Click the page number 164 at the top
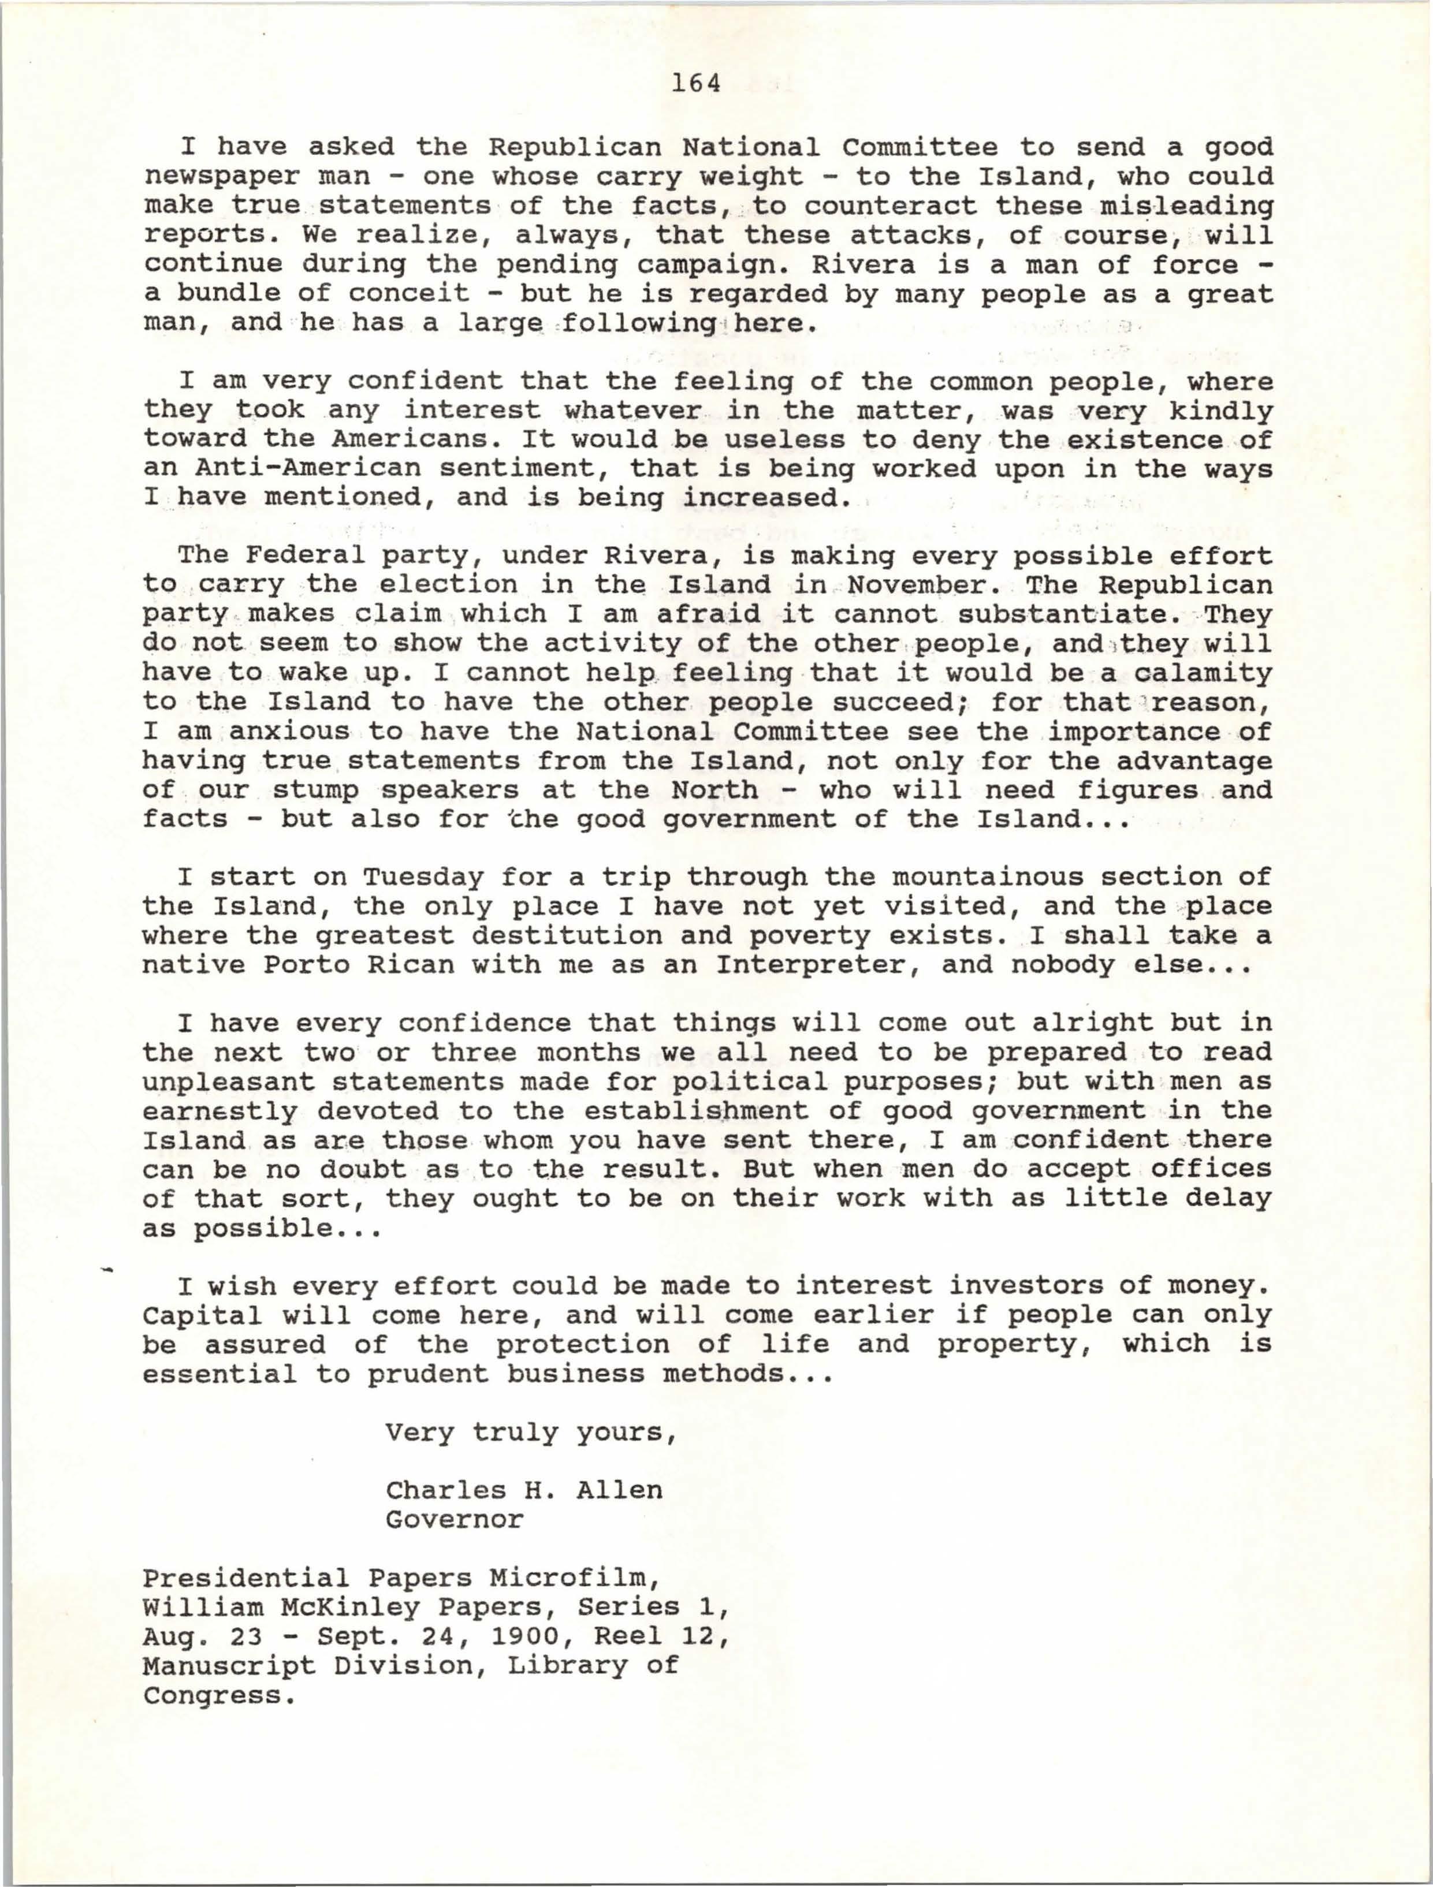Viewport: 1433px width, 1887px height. [x=695, y=84]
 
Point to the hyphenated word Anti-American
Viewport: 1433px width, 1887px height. [x=307, y=468]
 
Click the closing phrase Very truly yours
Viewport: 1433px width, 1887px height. [x=530, y=1433]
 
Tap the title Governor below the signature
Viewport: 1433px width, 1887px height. [x=454, y=1519]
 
